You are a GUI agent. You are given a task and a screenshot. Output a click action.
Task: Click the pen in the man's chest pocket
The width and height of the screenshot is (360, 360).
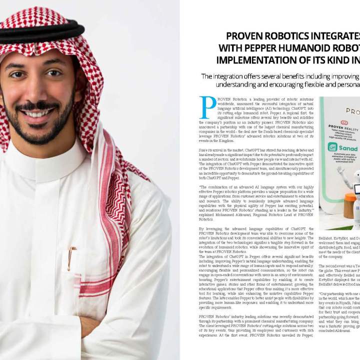(71, 257)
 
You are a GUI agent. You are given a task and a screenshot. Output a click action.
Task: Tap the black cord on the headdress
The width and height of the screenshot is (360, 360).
(40, 32)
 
